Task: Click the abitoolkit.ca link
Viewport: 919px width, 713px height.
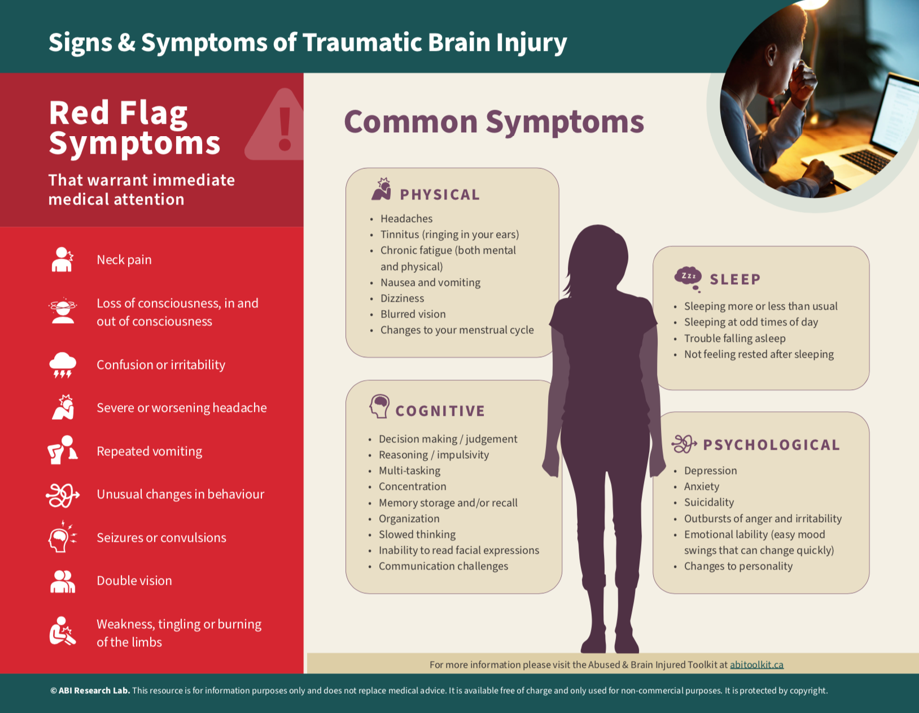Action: (x=756, y=664)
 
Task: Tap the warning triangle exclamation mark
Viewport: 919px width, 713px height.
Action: (x=285, y=128)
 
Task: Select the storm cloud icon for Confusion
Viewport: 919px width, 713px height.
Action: (x=63, y=365)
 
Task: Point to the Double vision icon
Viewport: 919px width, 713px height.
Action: (x=63, y=581)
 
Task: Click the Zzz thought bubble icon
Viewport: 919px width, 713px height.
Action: (x=688, y=279)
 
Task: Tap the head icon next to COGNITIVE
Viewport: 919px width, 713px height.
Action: (x=379, y=406)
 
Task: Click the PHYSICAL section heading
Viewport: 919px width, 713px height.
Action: (x=440, y=195)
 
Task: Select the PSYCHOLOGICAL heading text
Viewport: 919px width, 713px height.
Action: (x=771, y=445)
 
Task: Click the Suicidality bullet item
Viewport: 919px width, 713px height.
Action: (x=709, y=502)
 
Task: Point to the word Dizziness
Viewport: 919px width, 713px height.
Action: (x=402, y=298)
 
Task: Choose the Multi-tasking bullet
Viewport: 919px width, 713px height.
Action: (x=409, y=471)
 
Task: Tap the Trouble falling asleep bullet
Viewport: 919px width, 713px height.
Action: (x=734, y=338)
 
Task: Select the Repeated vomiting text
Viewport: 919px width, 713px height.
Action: (x=149, y=451)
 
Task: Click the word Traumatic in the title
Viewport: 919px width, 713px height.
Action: (x=362, y=43)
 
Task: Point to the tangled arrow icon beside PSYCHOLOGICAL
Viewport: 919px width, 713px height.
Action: (x=684, y=444)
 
